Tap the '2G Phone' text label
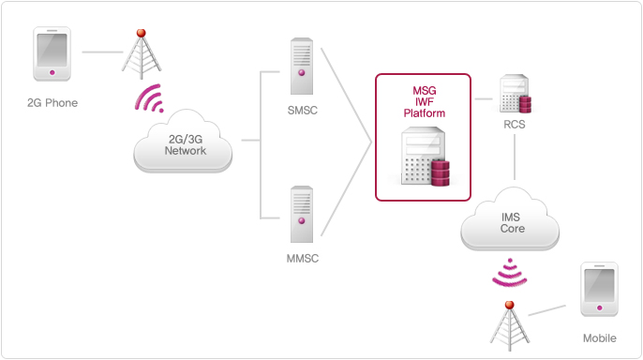coord(52,103)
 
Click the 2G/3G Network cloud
coord(185,145)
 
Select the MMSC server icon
coord(302,214)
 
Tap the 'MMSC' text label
coord(302,258)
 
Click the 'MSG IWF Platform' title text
coord(425,101)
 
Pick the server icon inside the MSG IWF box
coord(425,159)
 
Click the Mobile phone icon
coord(600,292)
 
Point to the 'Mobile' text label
coord(599,338)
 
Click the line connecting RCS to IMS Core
coord(515,159)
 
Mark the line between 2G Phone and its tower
coord(99,52)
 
